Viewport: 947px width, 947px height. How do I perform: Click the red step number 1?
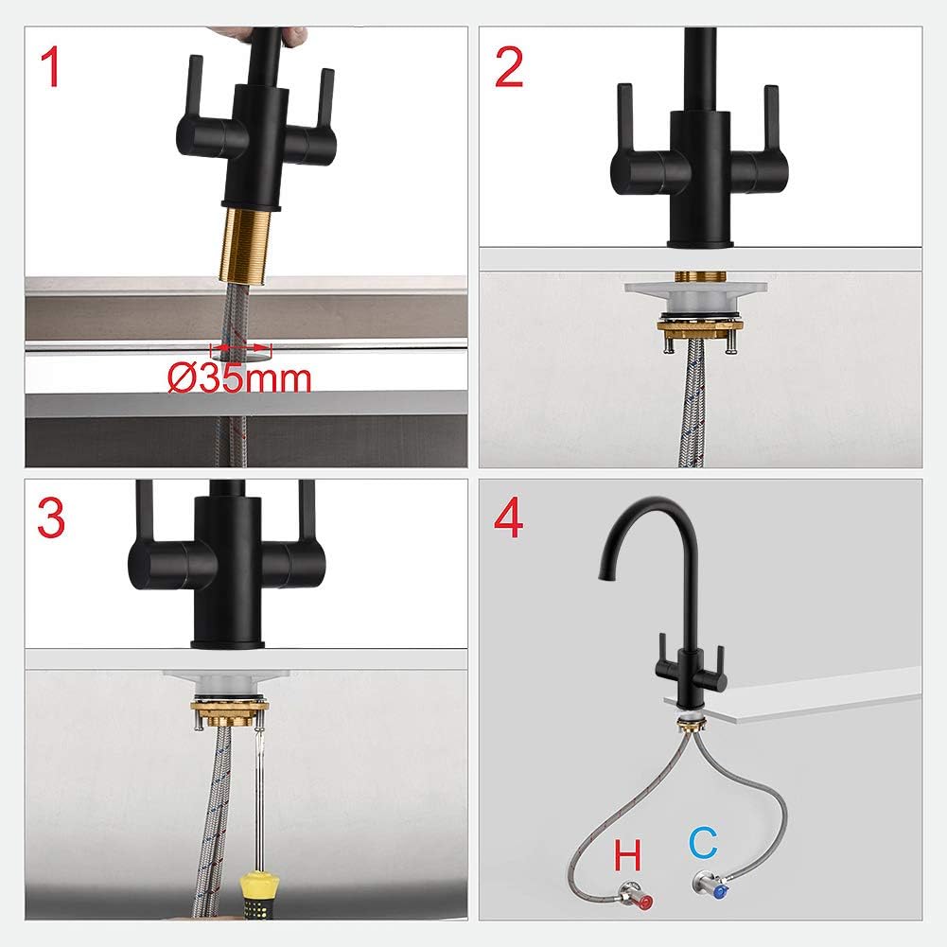click(51, 68)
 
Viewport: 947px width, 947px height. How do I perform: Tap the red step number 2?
click(509, 68)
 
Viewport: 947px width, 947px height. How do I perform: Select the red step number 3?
click(51, 517)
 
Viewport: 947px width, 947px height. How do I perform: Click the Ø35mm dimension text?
click(239, 378)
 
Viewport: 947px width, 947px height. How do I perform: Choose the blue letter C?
click(704, 843)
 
